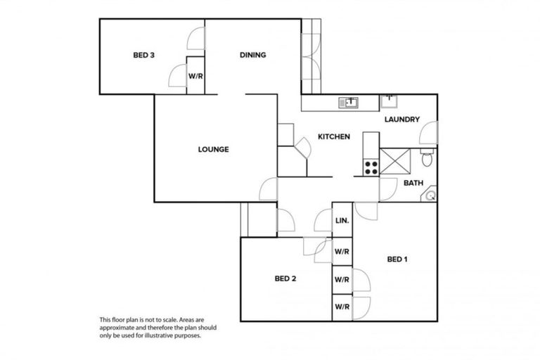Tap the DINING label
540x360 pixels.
[x=252, y=55]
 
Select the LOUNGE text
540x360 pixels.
[x=213, y=149]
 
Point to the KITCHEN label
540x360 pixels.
[x=334, y=136]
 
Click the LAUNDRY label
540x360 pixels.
[x=402, y=120]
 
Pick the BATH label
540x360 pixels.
[x=413, y=184]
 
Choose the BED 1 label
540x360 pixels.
[x=397, y=259]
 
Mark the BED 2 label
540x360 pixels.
[x=285, y=278]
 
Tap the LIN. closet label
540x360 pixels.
[x=342, y=221]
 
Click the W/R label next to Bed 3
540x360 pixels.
[x=195, y=75]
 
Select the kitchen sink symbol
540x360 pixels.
[x=349, y=103]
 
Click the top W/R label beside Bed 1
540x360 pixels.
[x=342, y=251]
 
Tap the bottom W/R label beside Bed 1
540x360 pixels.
[x=342, y=307]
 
